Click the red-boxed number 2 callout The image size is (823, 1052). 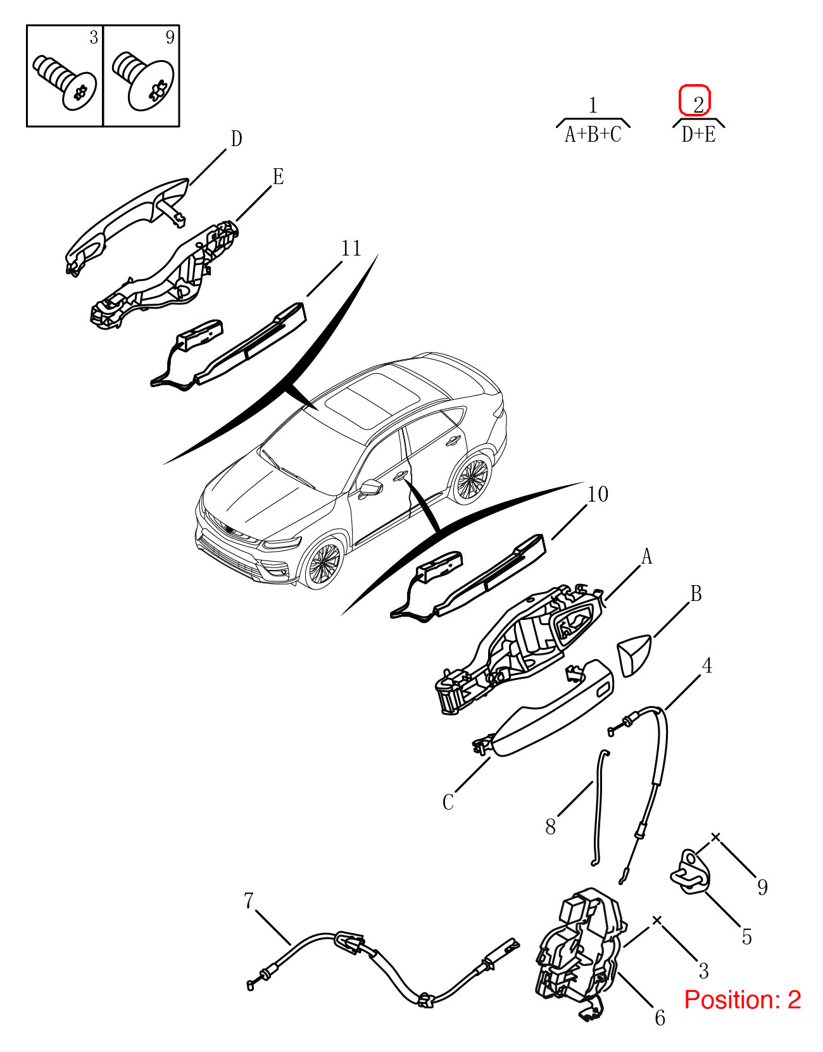[x=694, y=101]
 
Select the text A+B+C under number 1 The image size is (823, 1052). [x=593, y=135]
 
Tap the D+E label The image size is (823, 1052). [x=698, y=135]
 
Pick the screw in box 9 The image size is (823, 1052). [x=143, y=80]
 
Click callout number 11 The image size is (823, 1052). [x=351, y=249]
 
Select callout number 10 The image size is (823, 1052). [x=597, y=494]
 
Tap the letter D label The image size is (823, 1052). [x=236, y=139]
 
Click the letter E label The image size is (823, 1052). [x=278, y=176]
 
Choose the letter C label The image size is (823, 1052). [x=448, y=802]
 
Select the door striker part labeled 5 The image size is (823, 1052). [x=690, y=872]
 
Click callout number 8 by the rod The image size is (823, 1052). [x=550, y=827]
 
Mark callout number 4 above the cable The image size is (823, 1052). [x=707, y=665]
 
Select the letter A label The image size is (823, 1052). [x=646, y=557]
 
